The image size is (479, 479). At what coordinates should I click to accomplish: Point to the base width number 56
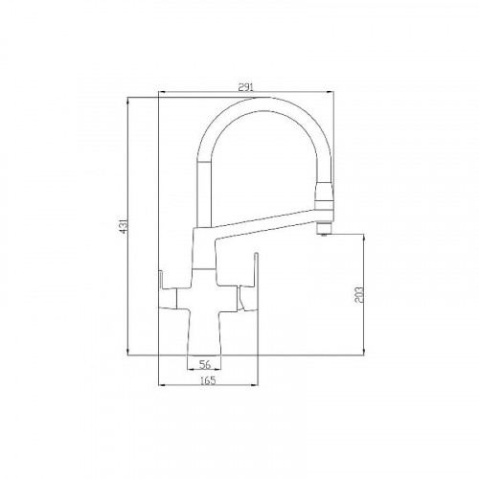203,365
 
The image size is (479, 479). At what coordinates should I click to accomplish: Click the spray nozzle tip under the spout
325,233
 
